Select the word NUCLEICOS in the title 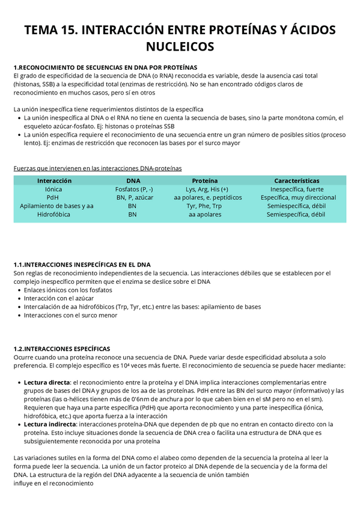coord(180,46)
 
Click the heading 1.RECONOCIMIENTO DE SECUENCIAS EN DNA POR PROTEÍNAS coord(105,67)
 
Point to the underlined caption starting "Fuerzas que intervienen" coord(97,168)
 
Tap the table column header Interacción coord(54,180)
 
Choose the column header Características coord(296,180)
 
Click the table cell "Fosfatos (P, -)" coord(133,189)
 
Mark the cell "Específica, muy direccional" coord(298,197)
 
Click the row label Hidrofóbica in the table coord(54,214)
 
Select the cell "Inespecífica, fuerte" coord(297,189)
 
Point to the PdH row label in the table coord(53,197)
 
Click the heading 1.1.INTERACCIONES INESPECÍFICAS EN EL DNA coord(82,265)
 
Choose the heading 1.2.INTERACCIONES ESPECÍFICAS coord(62,348)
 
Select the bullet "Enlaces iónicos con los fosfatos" coord(68,290)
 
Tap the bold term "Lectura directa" coord(47,382)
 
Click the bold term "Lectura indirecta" coord(49,424)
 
